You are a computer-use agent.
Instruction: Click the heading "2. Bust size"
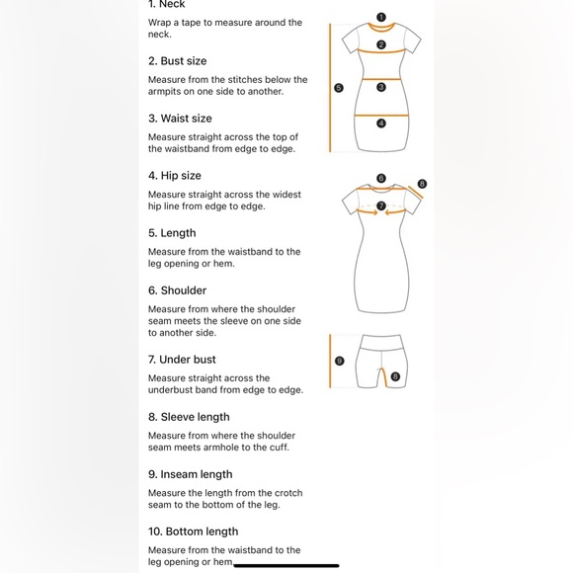point(177,61)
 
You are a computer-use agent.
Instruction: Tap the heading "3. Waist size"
point(180,119)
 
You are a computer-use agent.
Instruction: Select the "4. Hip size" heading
point(175,176)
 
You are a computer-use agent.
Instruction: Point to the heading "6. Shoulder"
point(177,290)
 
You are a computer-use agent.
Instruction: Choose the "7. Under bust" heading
point(182,360)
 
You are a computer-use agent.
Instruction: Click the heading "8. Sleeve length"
point(189,417)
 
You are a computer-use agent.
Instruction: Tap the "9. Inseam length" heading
point(191,474)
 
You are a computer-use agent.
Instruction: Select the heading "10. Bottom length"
point(193,532)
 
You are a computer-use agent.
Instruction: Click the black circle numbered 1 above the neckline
point(381,17)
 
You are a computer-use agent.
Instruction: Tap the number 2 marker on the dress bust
point(381,44)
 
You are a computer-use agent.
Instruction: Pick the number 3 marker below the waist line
point(381,87)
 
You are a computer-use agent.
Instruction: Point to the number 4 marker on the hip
point(381,123)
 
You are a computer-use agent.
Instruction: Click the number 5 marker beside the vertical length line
point(339,88)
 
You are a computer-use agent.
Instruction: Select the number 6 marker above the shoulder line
point(381,178)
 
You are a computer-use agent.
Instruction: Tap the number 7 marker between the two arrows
point(381,205)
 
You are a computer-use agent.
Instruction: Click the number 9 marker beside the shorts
point(339,361)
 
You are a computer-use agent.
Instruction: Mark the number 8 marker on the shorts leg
point(395,376)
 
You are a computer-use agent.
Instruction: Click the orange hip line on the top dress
point(381,116)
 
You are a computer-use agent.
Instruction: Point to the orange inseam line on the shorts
point(383,377)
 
